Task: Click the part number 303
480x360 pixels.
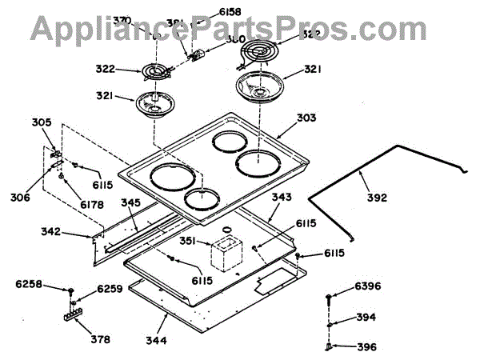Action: tap(306, 118)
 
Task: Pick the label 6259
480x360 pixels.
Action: tap(110, 290)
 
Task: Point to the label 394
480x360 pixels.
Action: tap(366, 318)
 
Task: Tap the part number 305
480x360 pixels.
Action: tap(42, 122)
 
